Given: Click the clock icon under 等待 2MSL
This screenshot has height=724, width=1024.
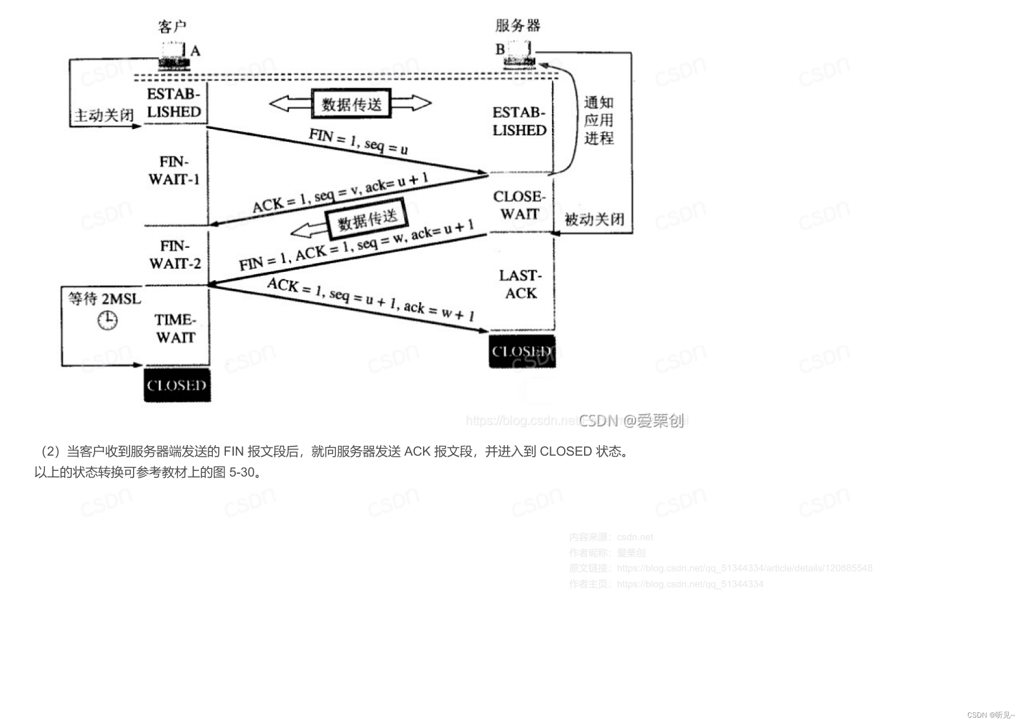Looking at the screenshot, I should tap(107, 320).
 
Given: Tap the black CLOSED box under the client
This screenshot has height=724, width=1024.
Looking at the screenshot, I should tap(177, 385).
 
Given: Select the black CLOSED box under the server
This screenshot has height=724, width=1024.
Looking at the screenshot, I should tap(522, 351).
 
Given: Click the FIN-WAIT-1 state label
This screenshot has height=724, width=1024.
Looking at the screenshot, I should tap(174, 170).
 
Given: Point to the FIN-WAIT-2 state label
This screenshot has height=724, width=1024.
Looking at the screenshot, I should tap(175, 255).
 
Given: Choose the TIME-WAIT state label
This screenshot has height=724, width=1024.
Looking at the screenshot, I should tap(175, 328).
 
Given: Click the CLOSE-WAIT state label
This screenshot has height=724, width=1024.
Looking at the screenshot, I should tap(519, 205).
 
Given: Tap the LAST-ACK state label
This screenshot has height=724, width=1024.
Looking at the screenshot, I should tap(520, 284).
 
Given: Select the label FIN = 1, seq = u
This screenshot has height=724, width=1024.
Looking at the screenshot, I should tap(358, 142).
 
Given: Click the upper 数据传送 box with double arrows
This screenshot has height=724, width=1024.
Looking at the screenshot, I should tap(351, 104).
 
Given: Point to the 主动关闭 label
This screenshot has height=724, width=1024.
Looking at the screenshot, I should tap(104, 116).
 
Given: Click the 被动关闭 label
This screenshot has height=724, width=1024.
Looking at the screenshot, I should tap(595, 219).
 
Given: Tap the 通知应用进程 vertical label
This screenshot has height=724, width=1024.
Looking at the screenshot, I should tap(599, 121).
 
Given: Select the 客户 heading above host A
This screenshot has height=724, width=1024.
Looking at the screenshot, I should tap(172, 27).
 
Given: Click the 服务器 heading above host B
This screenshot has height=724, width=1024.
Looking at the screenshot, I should tap(518, 26).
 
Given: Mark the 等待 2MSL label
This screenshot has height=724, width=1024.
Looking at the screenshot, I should tap(104, 299).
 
